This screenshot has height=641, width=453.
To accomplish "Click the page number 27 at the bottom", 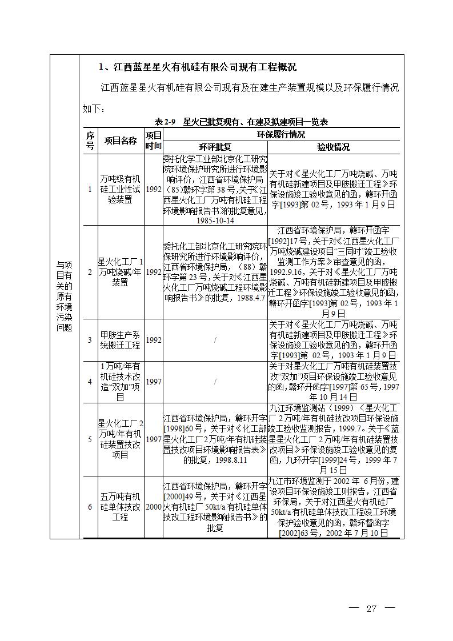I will coord(372,608).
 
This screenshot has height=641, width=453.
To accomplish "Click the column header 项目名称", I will coord(121,141).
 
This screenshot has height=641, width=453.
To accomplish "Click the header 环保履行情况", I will coord(280,135).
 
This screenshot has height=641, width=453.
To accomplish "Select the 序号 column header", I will coord(90,141).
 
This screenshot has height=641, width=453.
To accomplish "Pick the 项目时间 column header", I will coord(153,141).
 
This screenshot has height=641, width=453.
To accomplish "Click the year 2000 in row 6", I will coord(153,506).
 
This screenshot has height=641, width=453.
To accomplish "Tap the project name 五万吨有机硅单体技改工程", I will coord(121,507).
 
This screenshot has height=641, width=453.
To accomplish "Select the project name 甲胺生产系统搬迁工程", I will coord(121,340).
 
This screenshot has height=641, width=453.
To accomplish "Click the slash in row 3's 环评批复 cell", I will coord(215,340).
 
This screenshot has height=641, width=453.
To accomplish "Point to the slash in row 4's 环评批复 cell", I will coord(215,381).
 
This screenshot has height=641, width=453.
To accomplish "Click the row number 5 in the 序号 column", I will coord(90,439).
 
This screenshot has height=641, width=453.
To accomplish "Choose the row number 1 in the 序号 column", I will coord(90,189).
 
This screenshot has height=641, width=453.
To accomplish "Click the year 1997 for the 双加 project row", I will coord(153,381).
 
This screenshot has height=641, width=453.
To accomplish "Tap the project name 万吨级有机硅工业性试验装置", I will coord(121,189).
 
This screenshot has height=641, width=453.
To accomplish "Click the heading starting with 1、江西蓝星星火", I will coord(198,67).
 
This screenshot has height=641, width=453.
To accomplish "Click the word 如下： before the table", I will coord(94,108).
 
